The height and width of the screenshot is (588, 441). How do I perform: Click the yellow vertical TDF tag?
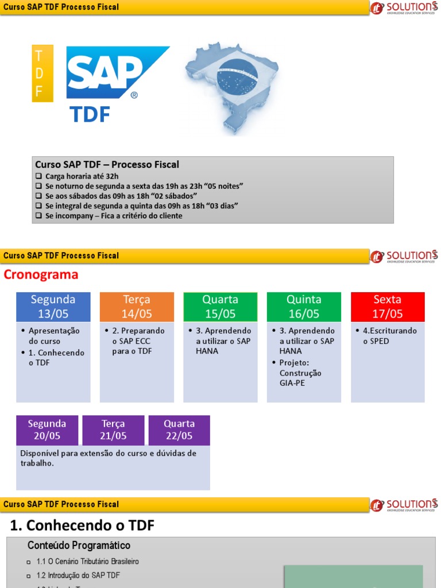[42, 73]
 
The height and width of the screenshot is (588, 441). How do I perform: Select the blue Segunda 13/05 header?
[53, 307]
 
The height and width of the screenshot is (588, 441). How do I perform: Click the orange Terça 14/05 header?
[137, 307]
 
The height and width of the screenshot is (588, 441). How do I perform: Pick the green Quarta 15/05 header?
[220, 307]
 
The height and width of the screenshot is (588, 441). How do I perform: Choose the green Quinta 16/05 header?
[304, 307]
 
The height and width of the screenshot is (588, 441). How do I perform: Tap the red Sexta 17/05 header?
[388, 307]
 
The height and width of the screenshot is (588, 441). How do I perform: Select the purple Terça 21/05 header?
[114, 430]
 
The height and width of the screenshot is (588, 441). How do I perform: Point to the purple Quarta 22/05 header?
[179, 430]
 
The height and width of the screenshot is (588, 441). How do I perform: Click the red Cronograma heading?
[41, 275]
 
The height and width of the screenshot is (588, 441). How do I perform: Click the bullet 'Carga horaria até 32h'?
[82, 176]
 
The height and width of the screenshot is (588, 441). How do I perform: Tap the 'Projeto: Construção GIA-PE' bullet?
[300, 373]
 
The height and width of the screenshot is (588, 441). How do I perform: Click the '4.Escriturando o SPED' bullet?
[389, 336]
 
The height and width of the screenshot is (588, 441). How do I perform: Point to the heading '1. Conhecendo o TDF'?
[83, 525]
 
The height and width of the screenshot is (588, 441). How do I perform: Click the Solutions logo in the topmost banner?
[404, 7]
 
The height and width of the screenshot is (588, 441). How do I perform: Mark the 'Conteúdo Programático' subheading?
[79, 546]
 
